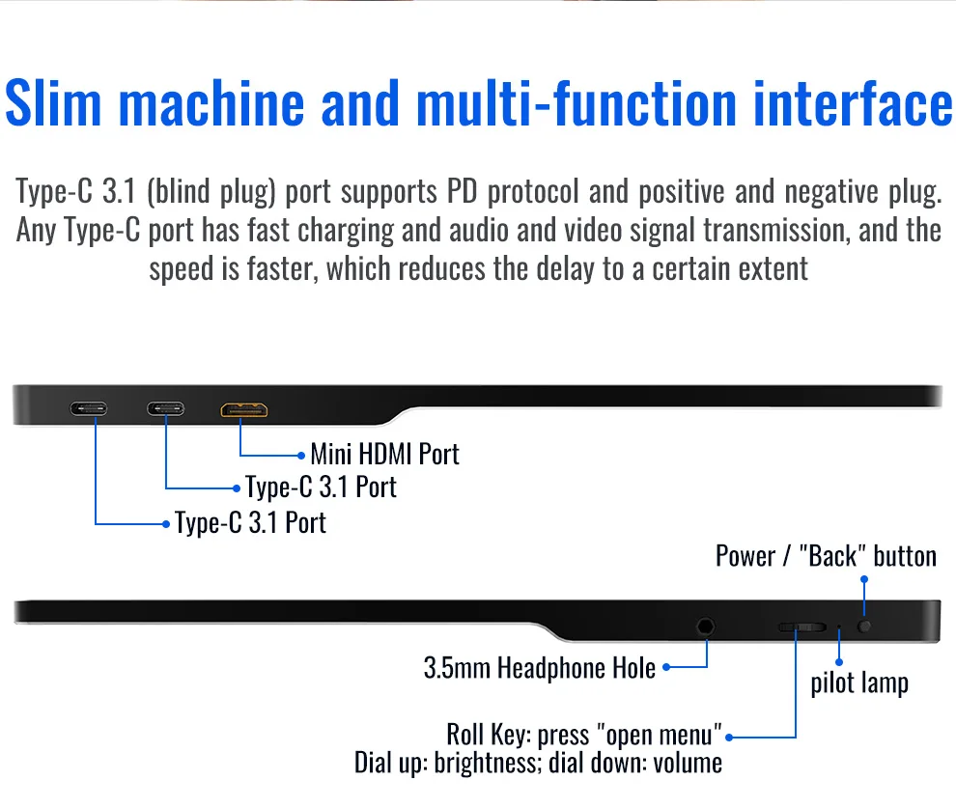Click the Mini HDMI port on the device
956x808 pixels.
(x=244, y=410)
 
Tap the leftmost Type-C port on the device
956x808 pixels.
(x=89, y=408)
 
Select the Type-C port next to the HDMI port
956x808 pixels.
(x=166, y=408)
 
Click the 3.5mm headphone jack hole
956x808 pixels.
(x=706, y=626)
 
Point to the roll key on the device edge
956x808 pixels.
(x=801, y=627)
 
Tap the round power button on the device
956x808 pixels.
(x=864, y=626)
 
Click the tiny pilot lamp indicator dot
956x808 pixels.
(x=839, y=628)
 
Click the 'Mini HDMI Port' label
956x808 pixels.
(x=384, y=454)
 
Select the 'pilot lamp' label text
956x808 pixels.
(x=858, y=683)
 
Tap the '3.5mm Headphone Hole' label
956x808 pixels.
(x=539, y=667)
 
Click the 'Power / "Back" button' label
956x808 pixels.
(x=826, y=556)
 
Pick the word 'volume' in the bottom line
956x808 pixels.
(x=687, y=763)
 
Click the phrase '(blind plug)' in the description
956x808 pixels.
(x=211, y=192)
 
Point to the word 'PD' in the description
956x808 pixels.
(x=462, y=192)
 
